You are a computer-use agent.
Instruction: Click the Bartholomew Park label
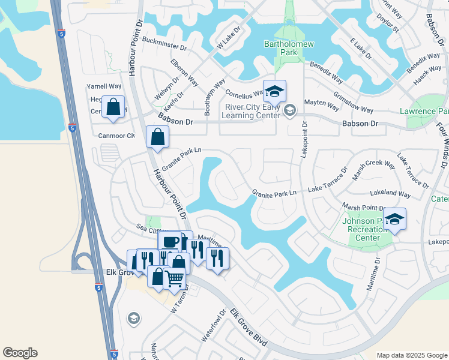[x=281, y=48]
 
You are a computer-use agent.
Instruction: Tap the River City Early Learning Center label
[x=250, y=112]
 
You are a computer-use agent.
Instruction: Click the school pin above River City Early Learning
[x=274, y=92]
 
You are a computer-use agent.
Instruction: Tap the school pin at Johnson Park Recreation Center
[x=394, y=220]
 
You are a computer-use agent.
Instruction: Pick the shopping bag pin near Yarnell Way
[x=113, y=107]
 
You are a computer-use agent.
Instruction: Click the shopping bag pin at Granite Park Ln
[x=157, y=137]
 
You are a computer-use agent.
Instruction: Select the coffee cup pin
[x=170, y=242]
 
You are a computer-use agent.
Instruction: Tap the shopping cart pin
[x=174, y=278]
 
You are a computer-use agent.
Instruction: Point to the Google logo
[x=20, y=353]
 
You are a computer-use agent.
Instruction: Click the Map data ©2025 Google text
[x=411, y=355]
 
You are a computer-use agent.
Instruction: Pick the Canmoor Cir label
[x=116, y=136]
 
